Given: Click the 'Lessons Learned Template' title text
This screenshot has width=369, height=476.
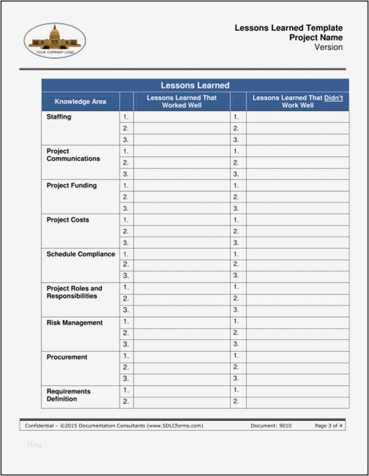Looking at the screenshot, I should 288,27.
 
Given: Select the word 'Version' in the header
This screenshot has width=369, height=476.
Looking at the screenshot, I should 328,47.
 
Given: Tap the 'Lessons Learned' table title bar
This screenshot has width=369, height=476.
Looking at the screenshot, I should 195,85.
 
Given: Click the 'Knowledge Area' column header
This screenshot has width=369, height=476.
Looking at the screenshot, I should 80,102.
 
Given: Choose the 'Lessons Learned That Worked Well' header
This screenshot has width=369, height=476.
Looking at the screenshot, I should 182,102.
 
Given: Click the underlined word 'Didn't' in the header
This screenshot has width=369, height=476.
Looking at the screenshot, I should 333,98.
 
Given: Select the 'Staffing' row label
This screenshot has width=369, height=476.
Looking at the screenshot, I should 59,117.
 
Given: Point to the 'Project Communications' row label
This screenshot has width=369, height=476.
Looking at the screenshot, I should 73,155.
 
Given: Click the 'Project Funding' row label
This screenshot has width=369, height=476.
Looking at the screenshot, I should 71,186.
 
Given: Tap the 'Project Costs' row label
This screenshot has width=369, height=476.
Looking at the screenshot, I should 67,220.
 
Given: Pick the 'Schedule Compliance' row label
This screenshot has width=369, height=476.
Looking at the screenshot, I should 80,254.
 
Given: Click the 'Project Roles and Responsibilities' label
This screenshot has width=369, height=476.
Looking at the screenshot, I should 74,292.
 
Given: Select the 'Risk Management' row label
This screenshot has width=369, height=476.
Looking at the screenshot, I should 74,322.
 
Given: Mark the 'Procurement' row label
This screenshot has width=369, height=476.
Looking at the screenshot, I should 67,357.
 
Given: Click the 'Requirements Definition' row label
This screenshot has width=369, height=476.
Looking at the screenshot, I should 68,395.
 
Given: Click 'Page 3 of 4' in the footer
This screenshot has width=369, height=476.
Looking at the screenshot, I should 328,426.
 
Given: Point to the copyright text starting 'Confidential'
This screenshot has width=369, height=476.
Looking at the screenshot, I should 114,426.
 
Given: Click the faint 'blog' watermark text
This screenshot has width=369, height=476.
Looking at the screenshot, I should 35,444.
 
